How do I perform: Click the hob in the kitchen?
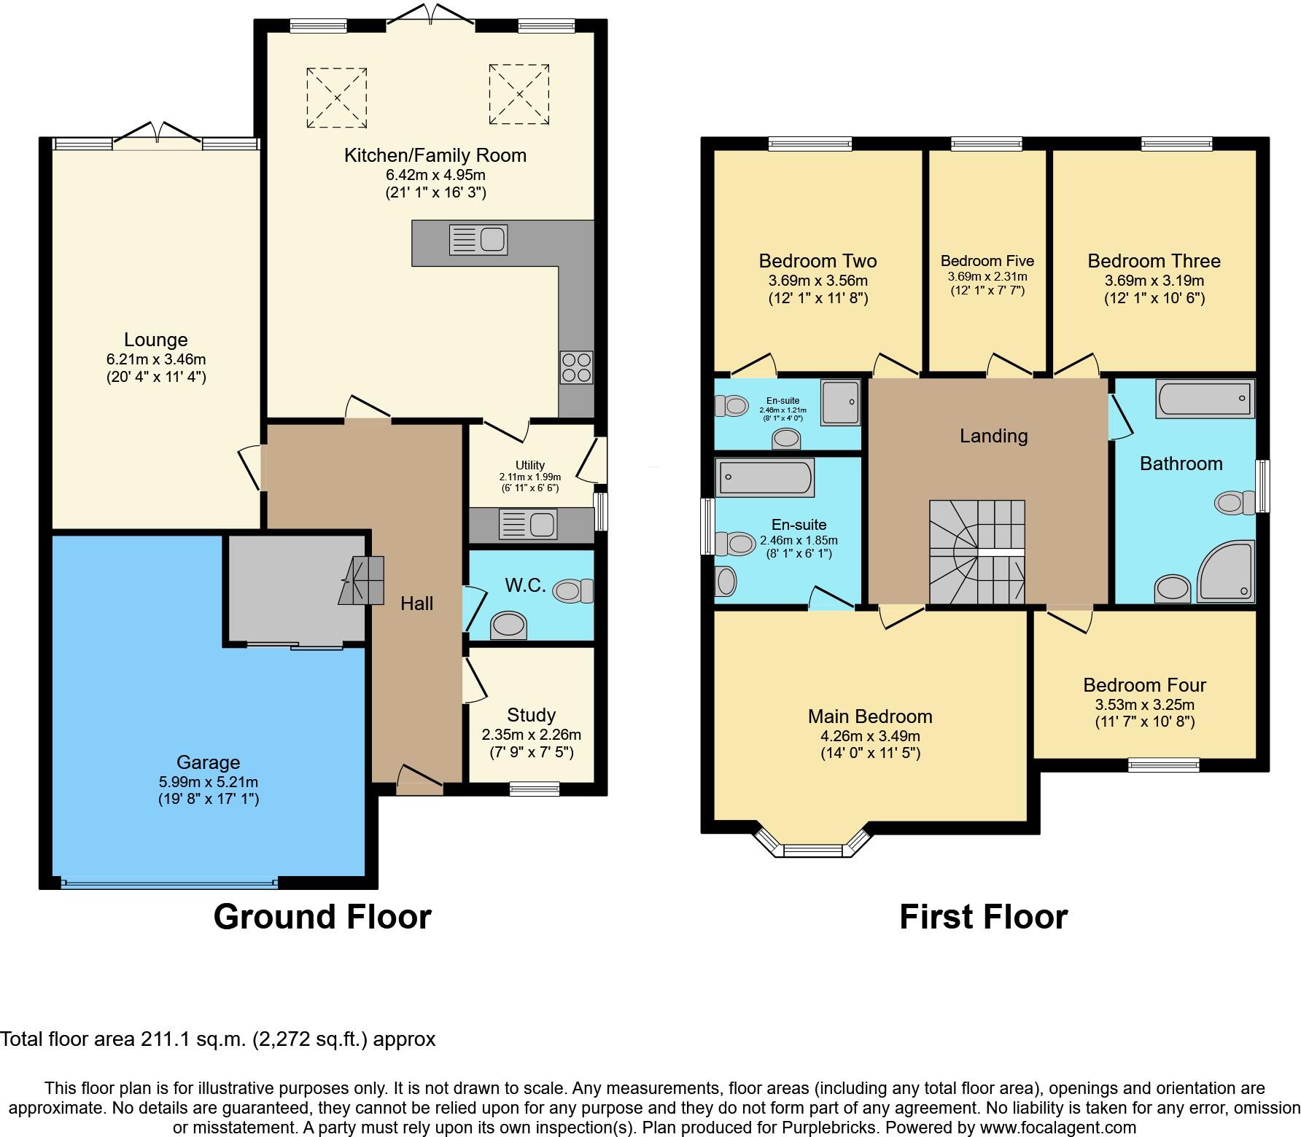click(x=576, y=367)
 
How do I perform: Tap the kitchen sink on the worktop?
click(x=478, y=240)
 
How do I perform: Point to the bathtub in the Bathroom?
click(x=1204, y=399)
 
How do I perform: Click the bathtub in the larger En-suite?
click(x=764, y=477)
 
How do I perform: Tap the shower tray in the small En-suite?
click(x=840, y=402)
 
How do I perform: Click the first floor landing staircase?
click(x=976, y=552)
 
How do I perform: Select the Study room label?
click(x=531, y=715)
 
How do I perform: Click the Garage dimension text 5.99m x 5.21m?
click(x=208, y=782)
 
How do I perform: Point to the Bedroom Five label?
click(x=987, y=261)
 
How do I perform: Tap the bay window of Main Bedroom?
click(x=813, y=848)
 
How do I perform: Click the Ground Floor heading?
click(x=322, y=917)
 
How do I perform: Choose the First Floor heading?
click(x=983, y=917)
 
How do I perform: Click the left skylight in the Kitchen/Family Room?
click(x=336, y=97)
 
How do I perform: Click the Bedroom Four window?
click(x=1163, y=765)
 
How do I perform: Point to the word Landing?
click(x=993, y=436)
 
